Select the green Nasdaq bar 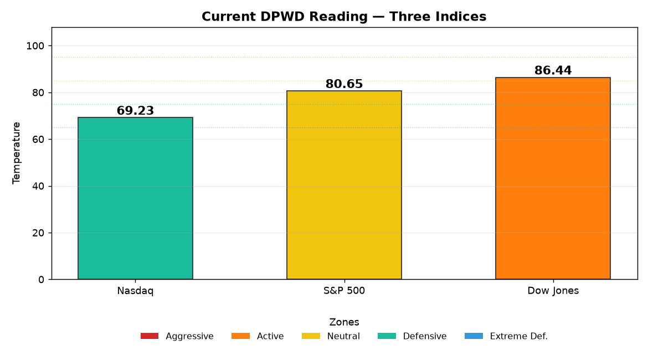tap(135, 198)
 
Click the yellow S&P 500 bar tap(344, 185)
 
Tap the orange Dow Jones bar tap(553, 178)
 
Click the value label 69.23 tap(135, 111)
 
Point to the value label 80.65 tap(344, 84)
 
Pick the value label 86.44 tap(553, 70)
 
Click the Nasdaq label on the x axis tap(135, 291)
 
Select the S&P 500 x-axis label tap(344, 291)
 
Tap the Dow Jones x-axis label tap(553, 291)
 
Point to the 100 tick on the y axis tap(35, 46)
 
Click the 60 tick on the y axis tap(38, 140)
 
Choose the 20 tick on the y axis tap(38, 233)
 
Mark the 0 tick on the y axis tap(42, 280)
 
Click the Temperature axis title tap(16, 153)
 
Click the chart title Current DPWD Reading tap(284, 17)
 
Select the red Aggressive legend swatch tap(149, 336)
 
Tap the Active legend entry tap(258, 336)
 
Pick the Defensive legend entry tap(412, 336)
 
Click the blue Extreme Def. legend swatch tap(474, 336)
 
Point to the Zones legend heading tap(344, 322)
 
